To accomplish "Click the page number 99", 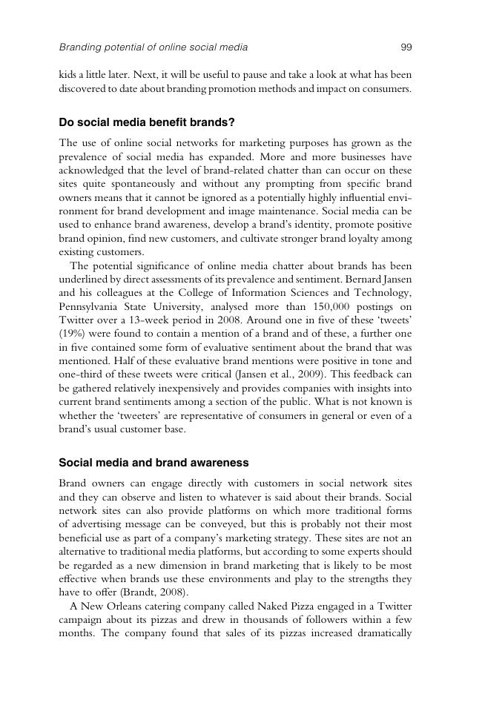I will click(406, 47).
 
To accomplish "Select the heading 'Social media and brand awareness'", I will click(153, 462).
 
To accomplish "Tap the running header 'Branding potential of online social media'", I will click(153, 47).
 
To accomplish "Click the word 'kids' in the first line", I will click(68, 75).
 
